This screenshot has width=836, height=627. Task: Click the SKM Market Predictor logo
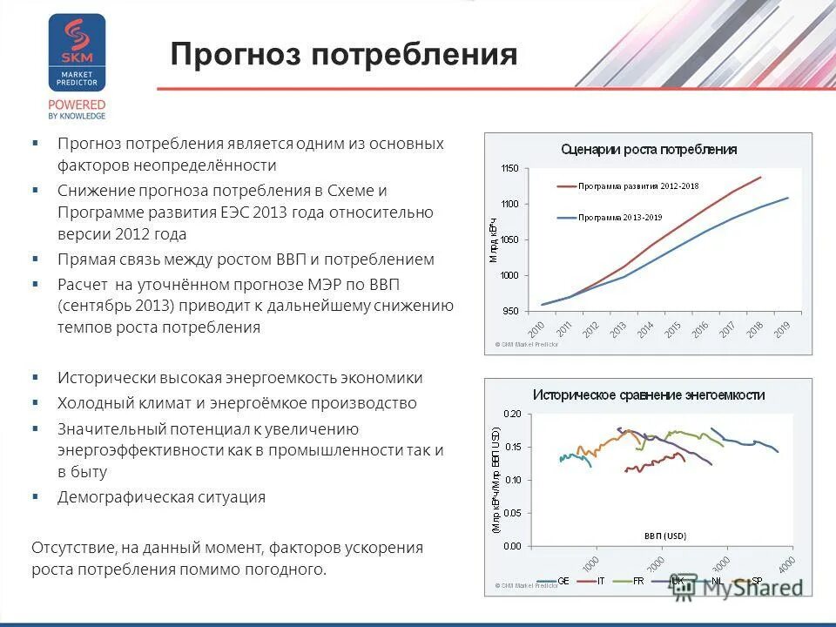coord(77,54)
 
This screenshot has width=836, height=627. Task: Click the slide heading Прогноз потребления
coord(344,55)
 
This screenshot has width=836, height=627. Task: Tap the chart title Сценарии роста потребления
coord(649,149)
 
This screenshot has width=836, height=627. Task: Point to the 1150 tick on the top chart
coord(509,168)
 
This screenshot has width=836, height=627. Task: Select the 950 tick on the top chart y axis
coord(511,311)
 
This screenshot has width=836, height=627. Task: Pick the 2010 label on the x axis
coord(536,331)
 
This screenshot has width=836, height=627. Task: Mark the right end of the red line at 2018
coord(760,178)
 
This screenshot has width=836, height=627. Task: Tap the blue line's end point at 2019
coord(788,198)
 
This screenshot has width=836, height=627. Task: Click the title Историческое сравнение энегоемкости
coord(649,394)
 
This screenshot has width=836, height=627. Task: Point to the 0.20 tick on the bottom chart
coord(511,414)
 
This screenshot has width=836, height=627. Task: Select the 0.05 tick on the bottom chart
coord(511,514)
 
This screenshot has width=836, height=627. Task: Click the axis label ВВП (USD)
coord(665,535)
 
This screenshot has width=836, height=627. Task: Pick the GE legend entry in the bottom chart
coord(563,581)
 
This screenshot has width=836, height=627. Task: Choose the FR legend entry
coord(638,581)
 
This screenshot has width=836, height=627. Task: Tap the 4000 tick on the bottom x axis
coord(786,564)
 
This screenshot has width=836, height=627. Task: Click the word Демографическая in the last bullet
coord(112,497)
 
